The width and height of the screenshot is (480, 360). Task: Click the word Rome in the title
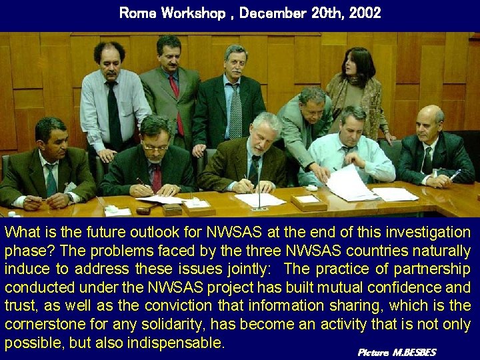(x=135, y=13)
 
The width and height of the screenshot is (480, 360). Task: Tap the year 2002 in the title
(x=363, y=13)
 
